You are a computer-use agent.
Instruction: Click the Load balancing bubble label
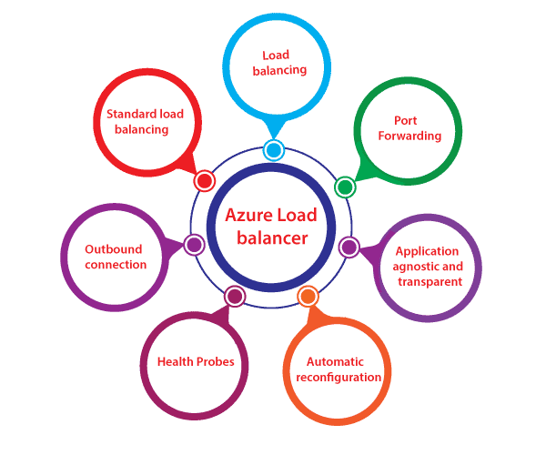pos(278,62)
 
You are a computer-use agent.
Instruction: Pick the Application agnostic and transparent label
pos(428,267)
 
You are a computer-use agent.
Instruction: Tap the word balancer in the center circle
pos(272,238)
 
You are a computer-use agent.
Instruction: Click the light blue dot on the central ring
pos(273,150)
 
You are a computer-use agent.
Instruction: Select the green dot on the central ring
pos(344,187)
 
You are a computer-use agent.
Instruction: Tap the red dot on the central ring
pos(205,180)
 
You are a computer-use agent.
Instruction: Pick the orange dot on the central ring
pos(308,296)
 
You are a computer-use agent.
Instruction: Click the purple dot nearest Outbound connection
pos(193,244)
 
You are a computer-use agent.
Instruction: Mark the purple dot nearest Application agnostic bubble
pos(349,247)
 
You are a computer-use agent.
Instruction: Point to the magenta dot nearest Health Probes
pos(235,296)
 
